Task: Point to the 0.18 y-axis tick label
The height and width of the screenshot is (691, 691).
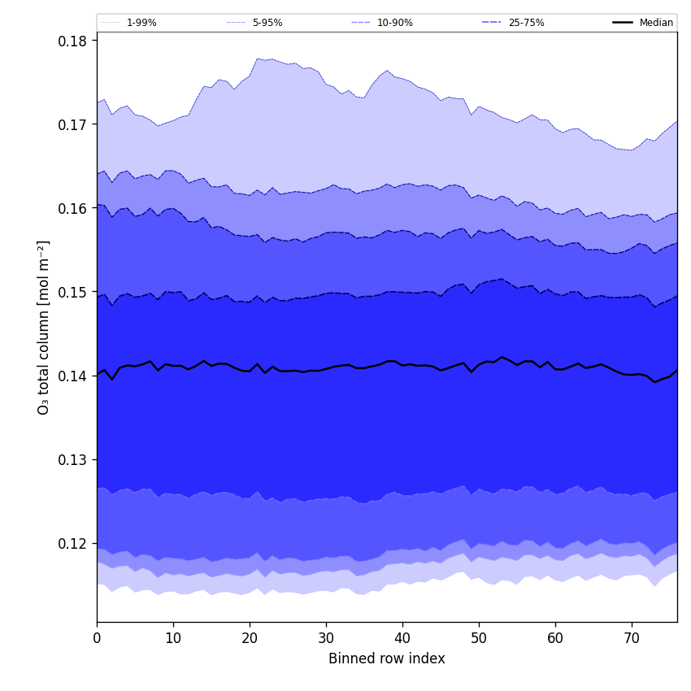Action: (x=73, y=41)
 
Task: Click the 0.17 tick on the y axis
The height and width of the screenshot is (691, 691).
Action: (x=73, y=124)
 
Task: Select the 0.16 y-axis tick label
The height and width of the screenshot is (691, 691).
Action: (x=73, y=208)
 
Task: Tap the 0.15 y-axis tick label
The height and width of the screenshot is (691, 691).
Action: (x=73, y=292)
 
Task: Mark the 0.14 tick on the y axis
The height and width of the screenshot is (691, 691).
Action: (x=73, y=376)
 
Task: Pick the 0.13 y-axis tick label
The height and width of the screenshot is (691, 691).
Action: (x=73, y=459)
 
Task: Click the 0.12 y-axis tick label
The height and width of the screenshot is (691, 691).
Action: (x=73, y=543)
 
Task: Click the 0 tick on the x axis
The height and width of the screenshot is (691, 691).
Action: (x=97, y=638)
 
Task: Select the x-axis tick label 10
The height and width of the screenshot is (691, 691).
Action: (x=173, y=638)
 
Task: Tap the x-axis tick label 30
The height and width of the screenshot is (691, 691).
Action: (x=326, y=638)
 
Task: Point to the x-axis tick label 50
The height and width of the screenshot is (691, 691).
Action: (x=479, y=638)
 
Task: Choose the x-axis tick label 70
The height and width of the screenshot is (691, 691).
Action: (x=632, y=638)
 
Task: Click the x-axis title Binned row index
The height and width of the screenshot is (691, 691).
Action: (x=387, y=658)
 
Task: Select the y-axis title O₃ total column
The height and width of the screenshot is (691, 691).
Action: (x=44, y=327)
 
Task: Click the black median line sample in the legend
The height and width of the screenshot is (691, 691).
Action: (x=624, y=23)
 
